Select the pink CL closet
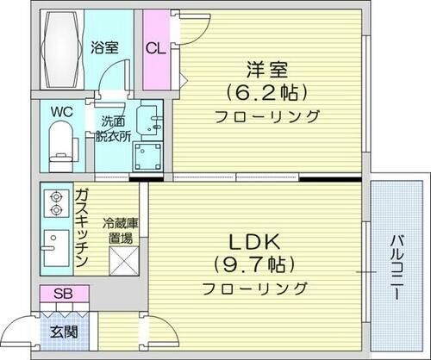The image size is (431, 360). pos(157,48)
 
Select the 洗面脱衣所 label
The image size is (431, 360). pos(113,128)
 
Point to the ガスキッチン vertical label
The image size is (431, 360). pos(82,228)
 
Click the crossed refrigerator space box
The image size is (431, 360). pos(119,259)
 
